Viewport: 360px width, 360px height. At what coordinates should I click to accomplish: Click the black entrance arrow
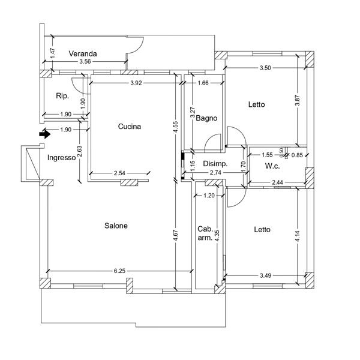(x=45, y=134)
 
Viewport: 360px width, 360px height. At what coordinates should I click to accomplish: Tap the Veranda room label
(x=83, y=54)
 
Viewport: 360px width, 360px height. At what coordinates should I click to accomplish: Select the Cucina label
(x=130, y=127)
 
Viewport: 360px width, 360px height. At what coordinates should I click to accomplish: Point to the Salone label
(x=116, y=226)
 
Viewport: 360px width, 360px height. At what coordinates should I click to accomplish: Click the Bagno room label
(x=206, y=118)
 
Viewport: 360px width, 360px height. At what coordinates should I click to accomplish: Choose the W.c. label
(x=272, y=166)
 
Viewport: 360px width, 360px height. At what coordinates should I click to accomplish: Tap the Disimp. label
(x=215, y=164)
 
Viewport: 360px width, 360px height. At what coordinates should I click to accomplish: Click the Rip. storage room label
(x=62, y=96)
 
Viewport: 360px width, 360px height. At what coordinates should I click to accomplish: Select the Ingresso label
(x=62, y=158)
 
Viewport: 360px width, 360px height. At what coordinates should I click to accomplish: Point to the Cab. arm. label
(x=205, y=233)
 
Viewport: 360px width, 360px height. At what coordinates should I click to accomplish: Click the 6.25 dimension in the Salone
(x=119, y=271)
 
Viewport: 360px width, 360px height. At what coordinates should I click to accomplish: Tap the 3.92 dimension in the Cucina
(x=136, y=83)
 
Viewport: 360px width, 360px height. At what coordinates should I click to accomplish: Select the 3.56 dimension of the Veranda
(x=85, y=62)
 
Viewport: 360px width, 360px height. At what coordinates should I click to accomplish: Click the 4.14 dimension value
(x=298, y=236)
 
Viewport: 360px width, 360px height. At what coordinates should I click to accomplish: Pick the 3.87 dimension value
(x=298, y=100)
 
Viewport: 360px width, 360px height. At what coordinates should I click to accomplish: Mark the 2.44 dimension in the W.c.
(x=277, y=182)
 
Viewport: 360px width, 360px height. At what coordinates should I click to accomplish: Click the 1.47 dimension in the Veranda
(x=53, y=53)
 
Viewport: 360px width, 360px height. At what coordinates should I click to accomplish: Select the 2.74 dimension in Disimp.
(x=215, y=172)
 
